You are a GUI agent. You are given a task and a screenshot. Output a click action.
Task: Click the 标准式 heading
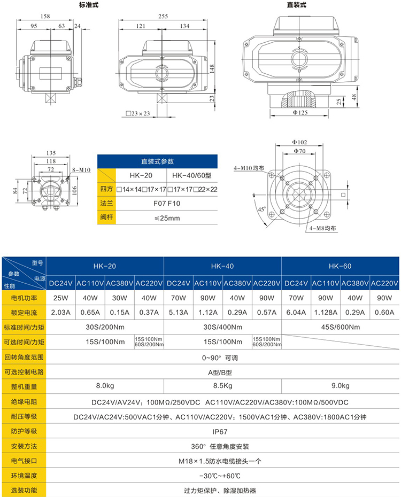[x=88, y=5]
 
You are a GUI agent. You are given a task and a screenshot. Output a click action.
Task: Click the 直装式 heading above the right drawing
[x=296, y=5]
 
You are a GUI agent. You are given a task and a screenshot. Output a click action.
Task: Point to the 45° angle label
[x=261, y=209]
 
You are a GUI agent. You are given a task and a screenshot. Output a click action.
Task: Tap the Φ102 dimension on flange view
[x=299, y=142]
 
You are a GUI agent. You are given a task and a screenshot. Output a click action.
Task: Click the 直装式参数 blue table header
[x=158, y=161]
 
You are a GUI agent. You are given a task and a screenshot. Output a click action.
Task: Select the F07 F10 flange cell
[x=167, y=204]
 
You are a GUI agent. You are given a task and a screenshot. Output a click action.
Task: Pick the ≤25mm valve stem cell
[x=167, y=218]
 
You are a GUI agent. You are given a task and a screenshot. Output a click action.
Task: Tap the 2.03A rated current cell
[x=61, y=312]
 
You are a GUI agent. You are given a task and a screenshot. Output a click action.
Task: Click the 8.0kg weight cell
[x=104, y=386]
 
